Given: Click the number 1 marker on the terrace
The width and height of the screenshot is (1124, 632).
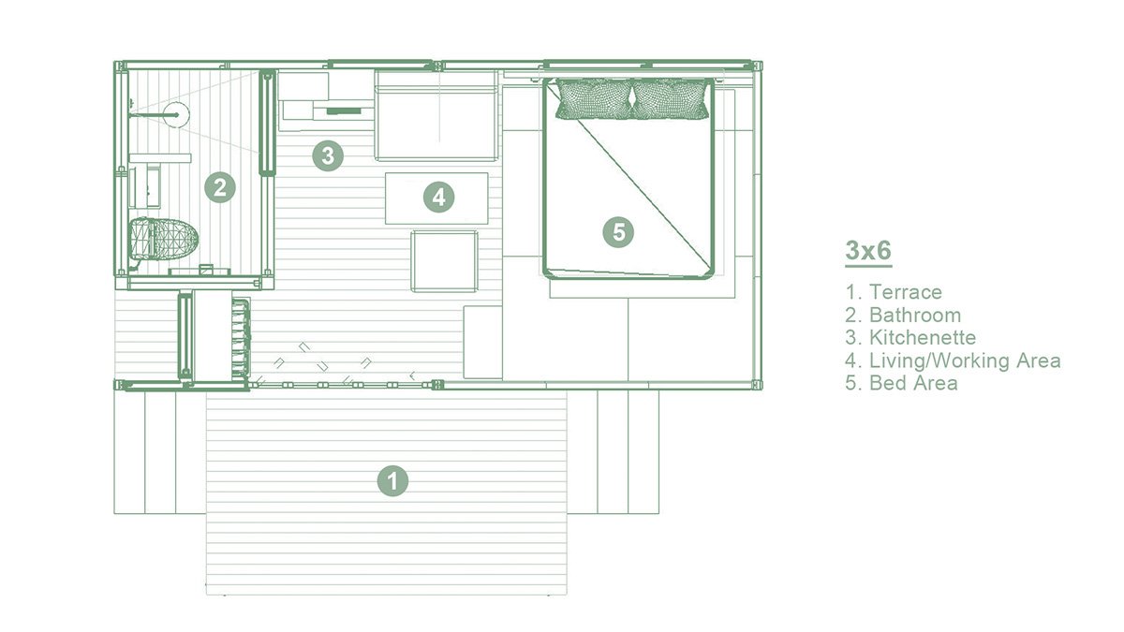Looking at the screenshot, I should click(x=393, y=481).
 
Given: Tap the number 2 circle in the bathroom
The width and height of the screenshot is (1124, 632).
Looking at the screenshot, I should click(x=219, y=187).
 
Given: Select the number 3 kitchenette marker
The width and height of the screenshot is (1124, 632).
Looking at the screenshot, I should click(x=326, y=154).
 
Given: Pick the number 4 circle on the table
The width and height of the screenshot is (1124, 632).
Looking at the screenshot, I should click(x=437, y=197).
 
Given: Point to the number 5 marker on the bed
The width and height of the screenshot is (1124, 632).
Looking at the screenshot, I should click(x=618, y=230).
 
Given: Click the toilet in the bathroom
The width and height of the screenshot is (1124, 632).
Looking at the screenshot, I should click(x=162, y=239).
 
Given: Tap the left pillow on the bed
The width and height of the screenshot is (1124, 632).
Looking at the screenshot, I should click(x=593, y=98).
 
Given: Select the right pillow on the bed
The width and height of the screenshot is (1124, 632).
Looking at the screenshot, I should click(x=670, y=98).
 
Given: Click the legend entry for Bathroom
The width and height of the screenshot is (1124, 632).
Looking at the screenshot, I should click(x=903, y=316).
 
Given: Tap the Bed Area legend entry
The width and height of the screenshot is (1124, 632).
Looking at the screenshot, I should click(x=901, y=383).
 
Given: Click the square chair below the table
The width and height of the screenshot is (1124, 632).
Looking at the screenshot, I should click(x=444, y=261).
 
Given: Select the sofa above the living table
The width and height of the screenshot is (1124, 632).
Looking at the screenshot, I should click(x=436, y=114).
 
